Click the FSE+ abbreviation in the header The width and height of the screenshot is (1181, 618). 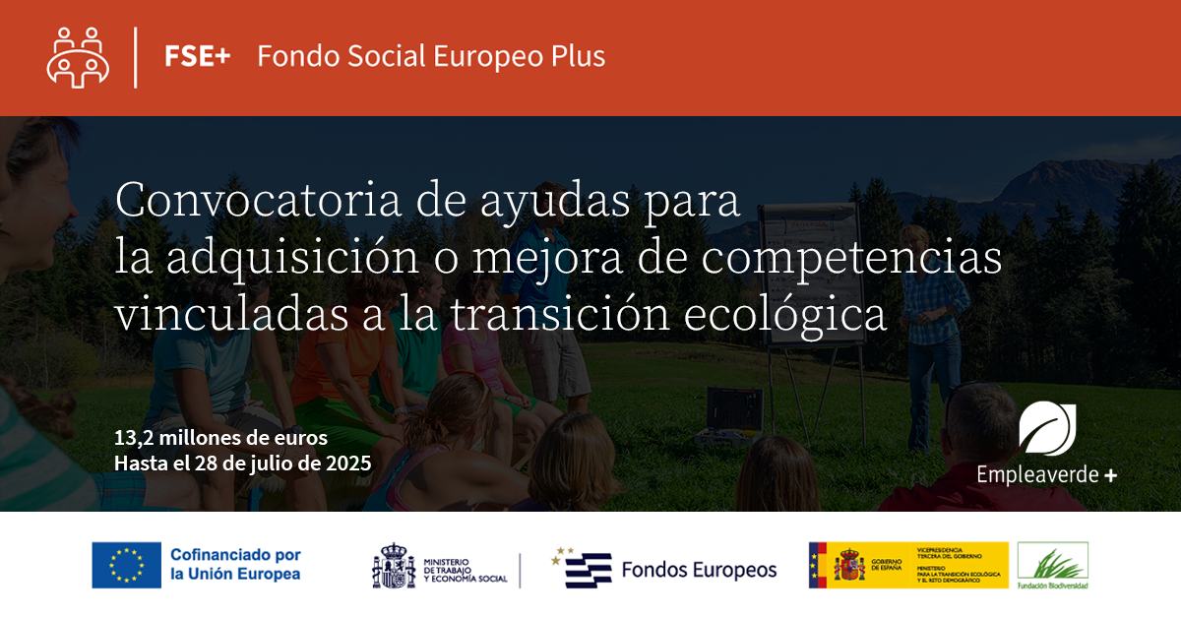[198, 56]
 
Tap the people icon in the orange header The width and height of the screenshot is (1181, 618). [78, 57]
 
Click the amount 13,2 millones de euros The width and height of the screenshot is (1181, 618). [221, 437]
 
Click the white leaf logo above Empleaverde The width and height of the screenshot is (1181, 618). [1047, 428]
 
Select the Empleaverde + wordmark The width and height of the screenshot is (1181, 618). [1046, 475]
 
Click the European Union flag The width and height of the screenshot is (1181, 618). [126, 565]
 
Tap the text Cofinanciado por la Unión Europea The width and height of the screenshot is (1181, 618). [235, 565]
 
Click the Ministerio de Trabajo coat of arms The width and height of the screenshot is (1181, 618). [394, 566]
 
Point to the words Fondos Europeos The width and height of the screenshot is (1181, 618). [699, 570]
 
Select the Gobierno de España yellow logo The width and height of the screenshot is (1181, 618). [907, 566]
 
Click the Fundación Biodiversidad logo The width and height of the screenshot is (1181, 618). [1052, 566]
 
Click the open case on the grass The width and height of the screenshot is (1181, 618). [730, 418]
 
